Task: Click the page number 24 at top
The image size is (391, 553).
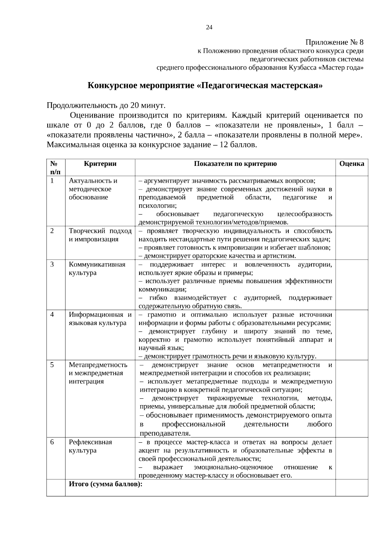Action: [x=209, y=27]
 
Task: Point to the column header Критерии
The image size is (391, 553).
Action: [x=100, y=164]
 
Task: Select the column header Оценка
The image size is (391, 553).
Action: [x=352, y=164]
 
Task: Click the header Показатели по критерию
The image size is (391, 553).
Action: [x=235, y=164]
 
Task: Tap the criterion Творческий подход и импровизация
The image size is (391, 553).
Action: [x=100, y=235]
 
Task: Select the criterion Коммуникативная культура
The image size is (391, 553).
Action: [x=97, y=268]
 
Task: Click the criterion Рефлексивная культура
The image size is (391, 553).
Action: [x=90, y=446]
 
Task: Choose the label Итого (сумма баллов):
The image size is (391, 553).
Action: [x=106, y=484]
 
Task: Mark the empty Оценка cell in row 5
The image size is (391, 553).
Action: [x=352, y=399]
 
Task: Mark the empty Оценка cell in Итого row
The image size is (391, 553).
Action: [x=352, y=488]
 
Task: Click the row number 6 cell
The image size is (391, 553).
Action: [x=52, y=442]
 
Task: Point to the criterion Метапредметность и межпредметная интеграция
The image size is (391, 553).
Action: [x=98, y=373]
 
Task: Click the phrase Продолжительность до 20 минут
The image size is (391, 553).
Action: [x=106, y=106]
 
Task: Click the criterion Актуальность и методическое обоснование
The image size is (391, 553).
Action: [x=93, y=189]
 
